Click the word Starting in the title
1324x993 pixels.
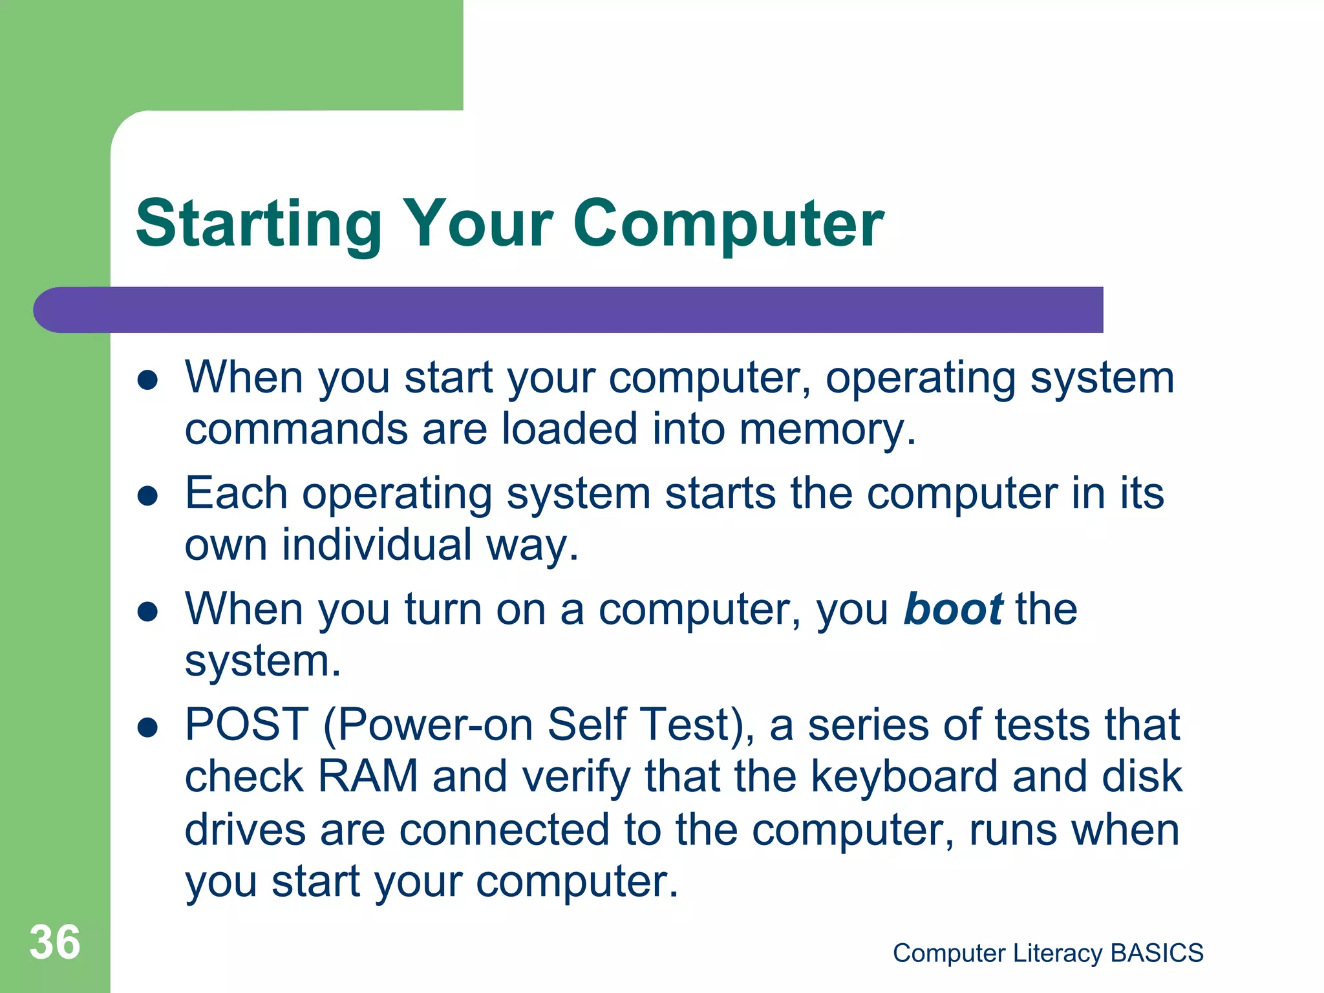coord(259,225)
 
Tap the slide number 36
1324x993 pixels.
coord(55,943)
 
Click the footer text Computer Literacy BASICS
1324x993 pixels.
coord(1048,953)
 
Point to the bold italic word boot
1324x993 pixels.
coord(953,609)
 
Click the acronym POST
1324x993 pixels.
coord(247,725)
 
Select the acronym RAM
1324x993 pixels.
coord(368,776)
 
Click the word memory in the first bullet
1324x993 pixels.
coord(827,429)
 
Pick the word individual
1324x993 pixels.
coord(377,545)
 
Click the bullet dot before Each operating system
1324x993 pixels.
coord(148,496)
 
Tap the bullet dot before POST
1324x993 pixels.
coord(148,727)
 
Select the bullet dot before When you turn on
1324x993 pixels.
coord(148,612)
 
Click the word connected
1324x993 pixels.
coord(504,829)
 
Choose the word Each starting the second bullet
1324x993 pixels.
coord(236,493)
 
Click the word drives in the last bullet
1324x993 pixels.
coord(245,829)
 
